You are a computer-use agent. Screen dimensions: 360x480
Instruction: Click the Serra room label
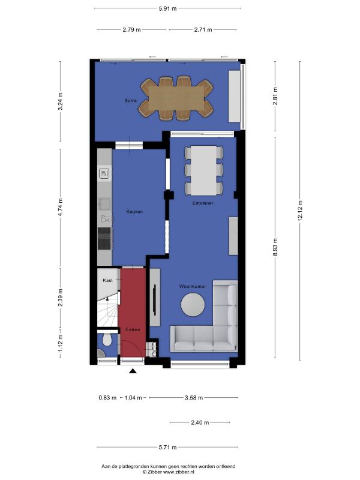click(x=130, y=100)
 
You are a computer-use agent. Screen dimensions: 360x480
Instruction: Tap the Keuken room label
click(x=134, y=212)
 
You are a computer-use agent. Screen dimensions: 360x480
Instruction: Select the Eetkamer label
click(x=203, y=203)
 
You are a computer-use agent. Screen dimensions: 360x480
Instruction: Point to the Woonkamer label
click(x=193, y=287)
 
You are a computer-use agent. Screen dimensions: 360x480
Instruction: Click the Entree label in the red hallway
click(x=133, y=329)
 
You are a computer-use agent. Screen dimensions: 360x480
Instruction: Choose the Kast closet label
click(x=108, y=280)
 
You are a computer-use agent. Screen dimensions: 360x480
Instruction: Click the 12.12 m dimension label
click(x=300, y=211)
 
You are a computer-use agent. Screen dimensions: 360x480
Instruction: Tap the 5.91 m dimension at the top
click(x=167, y=8)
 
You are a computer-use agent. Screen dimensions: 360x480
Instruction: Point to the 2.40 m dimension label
click(x=200, y=422)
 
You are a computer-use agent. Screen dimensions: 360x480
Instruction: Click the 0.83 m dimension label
click(x=107, y=398)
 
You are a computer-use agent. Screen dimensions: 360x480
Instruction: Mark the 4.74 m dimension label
click(x=61, y=207)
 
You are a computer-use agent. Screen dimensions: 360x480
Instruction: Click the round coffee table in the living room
click(x=193, y=305)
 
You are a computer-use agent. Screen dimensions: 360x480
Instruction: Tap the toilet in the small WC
click(x=107, y=340)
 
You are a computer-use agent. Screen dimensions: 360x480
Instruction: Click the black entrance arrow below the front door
click(x=133, y=371)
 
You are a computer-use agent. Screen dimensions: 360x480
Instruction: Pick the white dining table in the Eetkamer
click(x=204, y=170)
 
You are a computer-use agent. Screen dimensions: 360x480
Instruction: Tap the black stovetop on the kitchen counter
click(x=104, y=238)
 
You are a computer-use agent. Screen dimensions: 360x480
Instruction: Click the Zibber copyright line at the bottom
click(x=169, y=472)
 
